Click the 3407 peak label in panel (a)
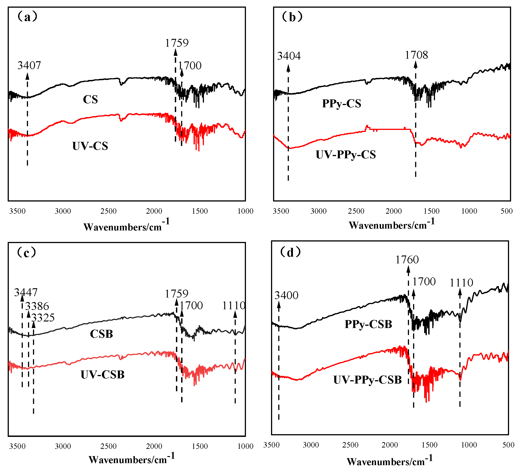(x=29, y=66)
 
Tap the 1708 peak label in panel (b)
(x=416, y=55)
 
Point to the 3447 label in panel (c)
(x=26, y=292)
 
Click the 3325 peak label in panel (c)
(x=43, y=318)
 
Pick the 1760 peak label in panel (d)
(x=407, y=260)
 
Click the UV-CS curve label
(x=90, y=146)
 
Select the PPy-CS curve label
(x=342, y=103)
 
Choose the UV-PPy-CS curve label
(x=346, y=155)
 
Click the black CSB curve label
(x=101, y=334)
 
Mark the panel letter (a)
(x=27, y=17)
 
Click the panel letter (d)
(x=290, y=252)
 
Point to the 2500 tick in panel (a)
(x=108, y=211)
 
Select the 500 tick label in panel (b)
(x=507, y=211)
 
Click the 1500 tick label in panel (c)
(x=200, y=446)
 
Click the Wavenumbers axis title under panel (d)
(x=390, y=461)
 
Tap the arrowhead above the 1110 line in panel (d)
(x=460, y=292)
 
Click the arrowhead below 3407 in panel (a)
(x=27, y=76)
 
